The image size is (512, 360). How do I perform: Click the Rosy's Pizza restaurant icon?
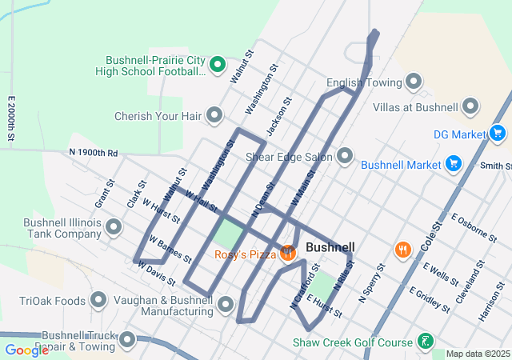pyautogui.click(x=288, y=254)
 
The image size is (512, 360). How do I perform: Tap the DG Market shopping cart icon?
pyautogui.click(x=498, y=134)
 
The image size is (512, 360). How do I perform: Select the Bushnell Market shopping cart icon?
pyautogui.click(x=454, y=164)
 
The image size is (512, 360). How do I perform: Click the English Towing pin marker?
pyautogui.click(x=414, y=82)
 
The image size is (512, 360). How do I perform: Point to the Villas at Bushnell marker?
pyautogui.click(x=470, y=106)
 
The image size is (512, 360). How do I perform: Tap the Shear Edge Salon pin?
pyautogui.click(x=346, y=156)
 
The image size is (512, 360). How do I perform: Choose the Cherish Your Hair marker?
pyautogui.click(x=214, y=115)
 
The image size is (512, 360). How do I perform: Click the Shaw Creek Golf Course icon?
pyautogui.click(x=426, y=342)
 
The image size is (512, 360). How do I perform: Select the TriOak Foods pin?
pyautogui.click(x=98, y=301)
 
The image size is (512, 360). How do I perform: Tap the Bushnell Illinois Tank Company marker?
pyautogui.click(x=114, y=228)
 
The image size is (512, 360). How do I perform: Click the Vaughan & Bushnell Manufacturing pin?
pyautogui.click(x=226, y=305)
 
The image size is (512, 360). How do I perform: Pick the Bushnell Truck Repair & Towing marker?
pyautogui.click(x=127, y=342)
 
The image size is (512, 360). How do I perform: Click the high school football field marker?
pyautogui.click(x=217, y=65)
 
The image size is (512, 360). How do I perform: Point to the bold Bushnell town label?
pyautogui.click(x=330, y=247)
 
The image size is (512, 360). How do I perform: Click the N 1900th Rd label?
pyautogui.click(x=93, y=152)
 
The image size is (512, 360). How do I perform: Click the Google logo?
pyautogui.click(x=26, y=350)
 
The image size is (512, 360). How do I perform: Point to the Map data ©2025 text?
pyautogui.click(x=477, y=354)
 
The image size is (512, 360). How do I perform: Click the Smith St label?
pyautogui.click(x=496, y=166)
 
